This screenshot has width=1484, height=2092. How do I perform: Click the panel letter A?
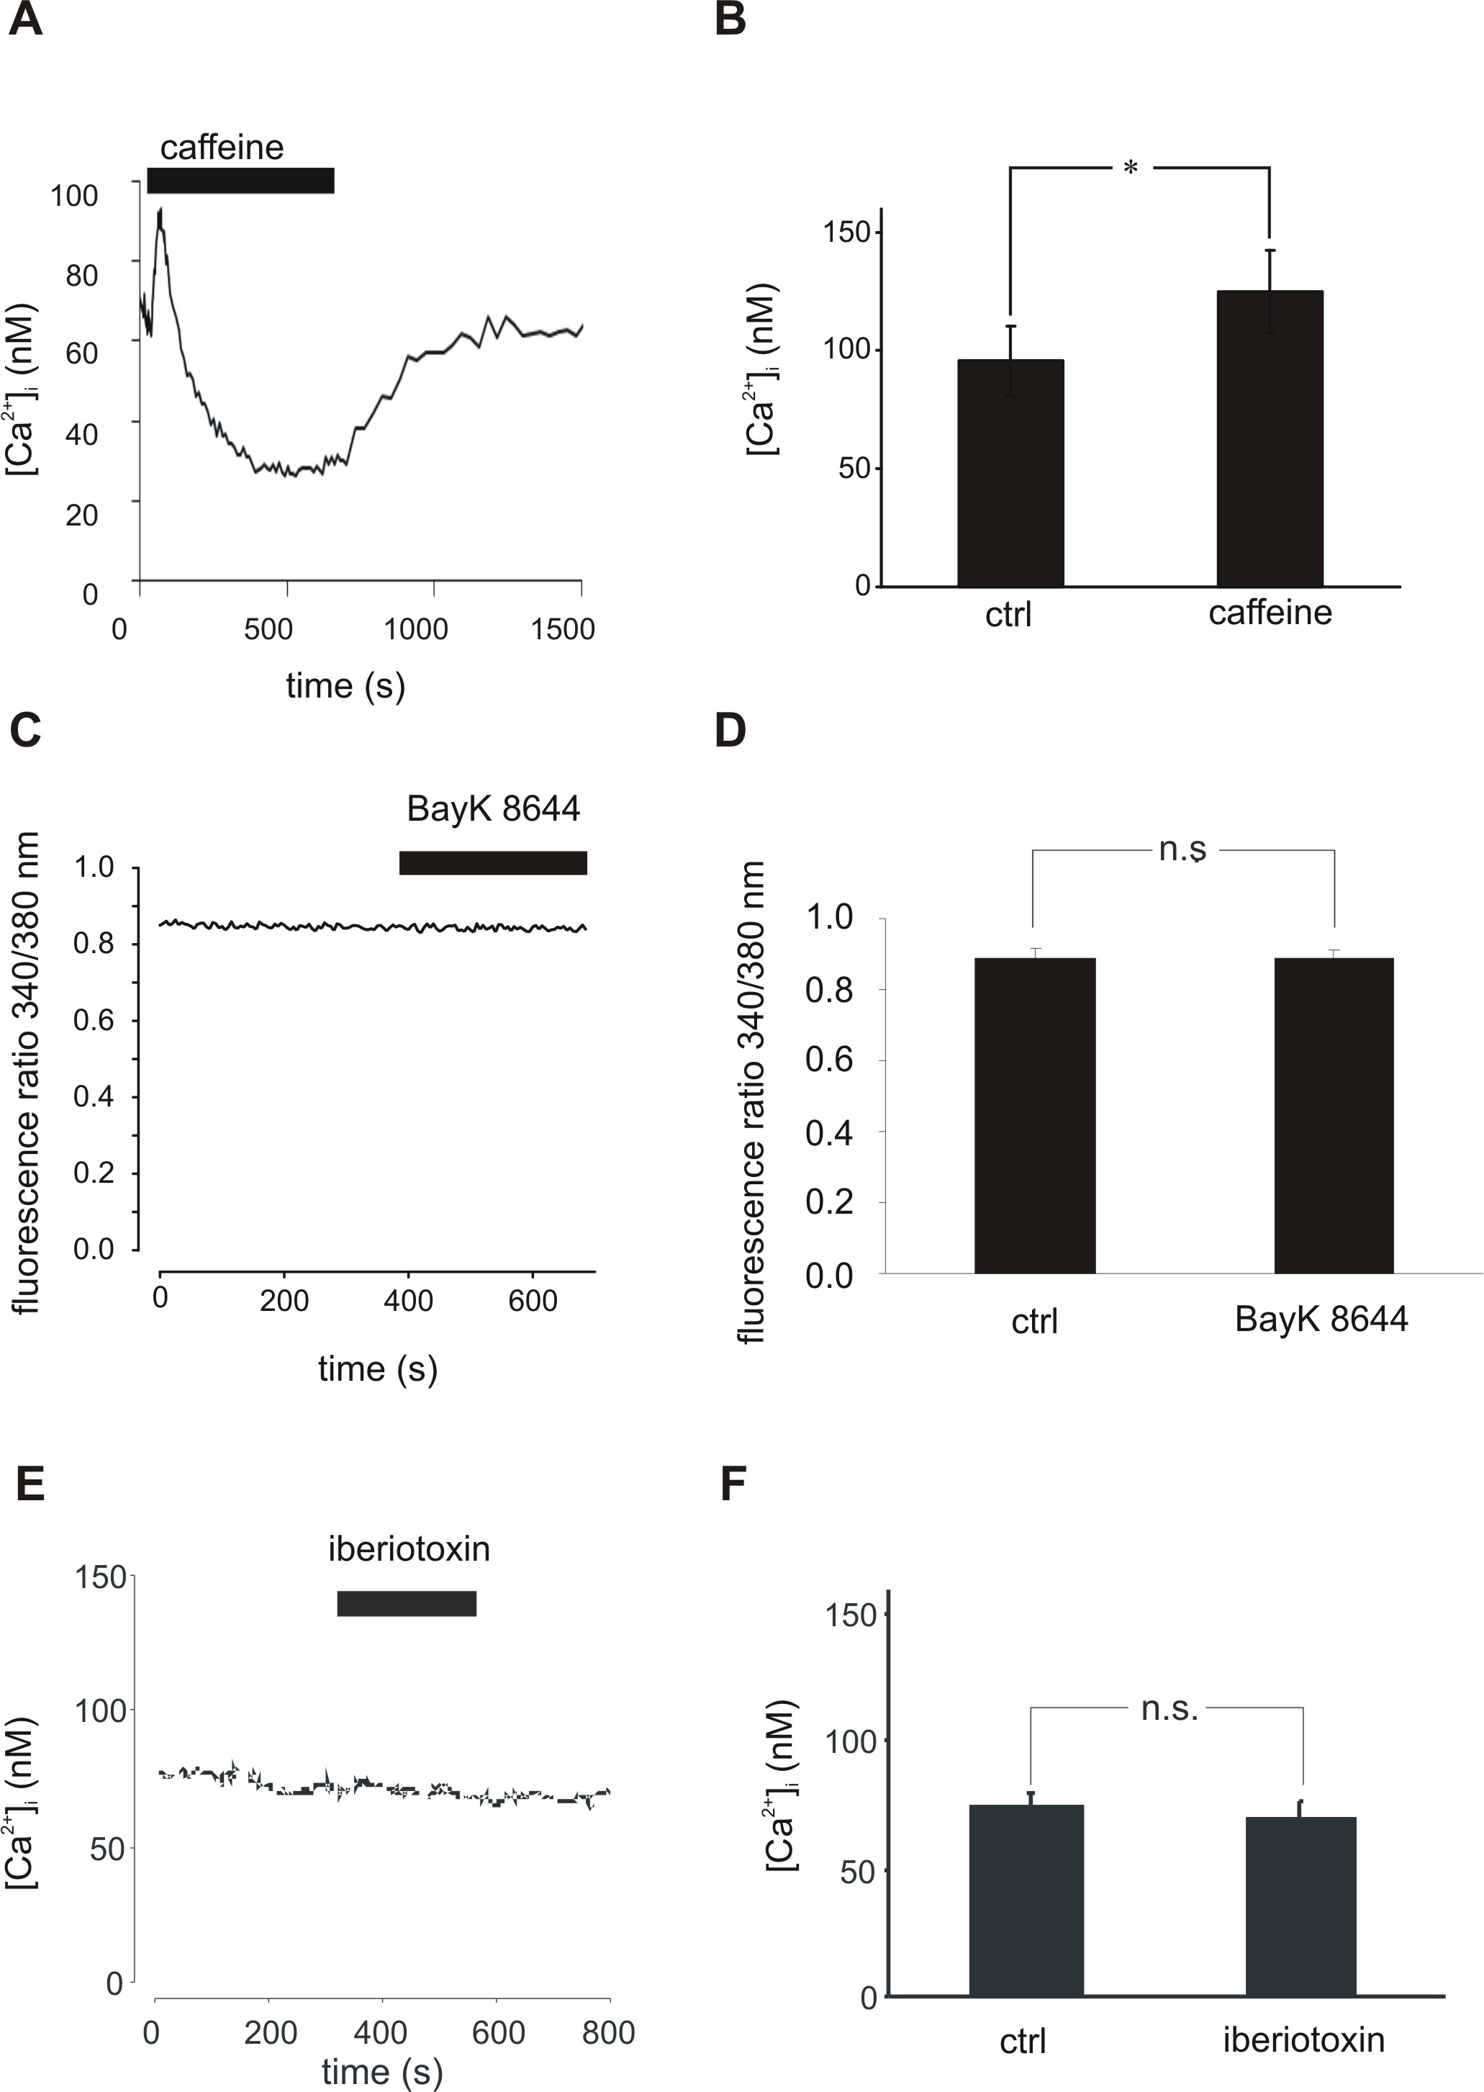coord(26,19)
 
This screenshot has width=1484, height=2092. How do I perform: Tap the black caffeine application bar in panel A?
coord(240,181)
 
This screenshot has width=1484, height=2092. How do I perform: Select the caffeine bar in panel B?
coord(1270,438)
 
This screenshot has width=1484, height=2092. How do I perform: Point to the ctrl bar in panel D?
coord(1034,1115)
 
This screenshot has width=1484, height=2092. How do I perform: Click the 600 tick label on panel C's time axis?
coord(533,1301)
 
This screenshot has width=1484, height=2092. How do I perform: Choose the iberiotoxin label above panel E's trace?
coord(409,1549)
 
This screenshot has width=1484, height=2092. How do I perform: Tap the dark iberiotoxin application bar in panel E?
coord(407,1604)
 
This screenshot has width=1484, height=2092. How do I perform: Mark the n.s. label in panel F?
coord(1169,1709)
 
